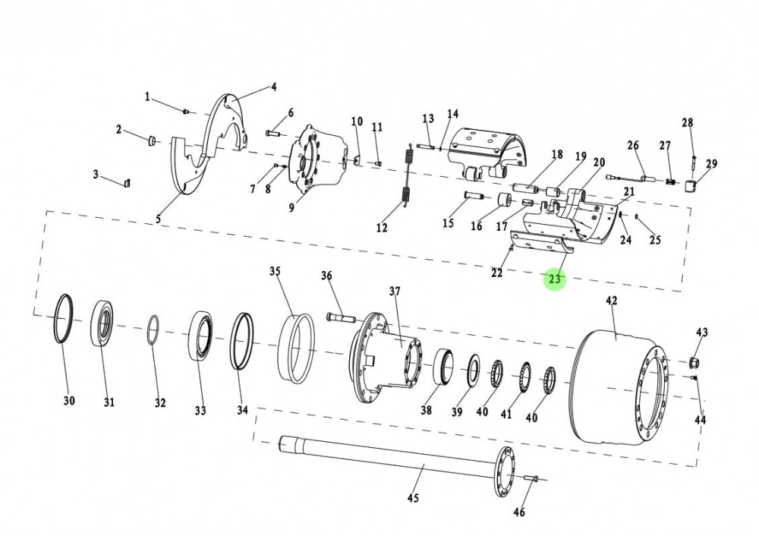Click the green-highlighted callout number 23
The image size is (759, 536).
click(x=555, y=279)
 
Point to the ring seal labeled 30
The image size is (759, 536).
click(x=65, y=319)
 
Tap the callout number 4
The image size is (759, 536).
click(x=274, y=87)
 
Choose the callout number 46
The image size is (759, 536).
click(x=519, y=512)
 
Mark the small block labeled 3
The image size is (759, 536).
click(x=128, y=181)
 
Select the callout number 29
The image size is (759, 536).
click(x=710, y=164)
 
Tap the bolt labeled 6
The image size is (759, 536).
click(x=274, y=134)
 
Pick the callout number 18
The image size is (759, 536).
click(x=556, y=155)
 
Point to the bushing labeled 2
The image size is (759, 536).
click(x=150, y=139)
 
